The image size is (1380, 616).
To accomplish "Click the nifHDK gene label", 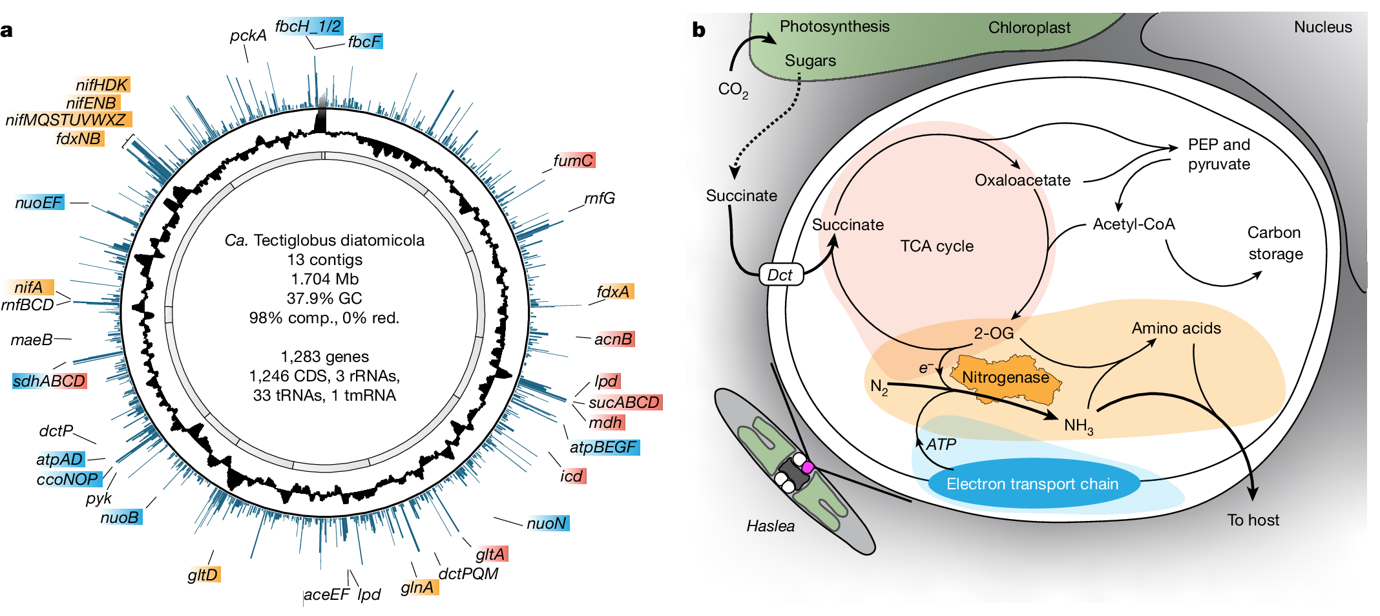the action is point(102,85).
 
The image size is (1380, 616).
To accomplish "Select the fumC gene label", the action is point(573,160).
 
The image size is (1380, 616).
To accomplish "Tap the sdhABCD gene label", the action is point(49,381).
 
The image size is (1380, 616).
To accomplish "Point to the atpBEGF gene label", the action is point(603,447).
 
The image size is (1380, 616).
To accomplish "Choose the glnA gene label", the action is point(418,587).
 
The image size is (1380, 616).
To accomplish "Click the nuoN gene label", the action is point(547,523).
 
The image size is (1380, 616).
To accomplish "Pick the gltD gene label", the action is point(204,574).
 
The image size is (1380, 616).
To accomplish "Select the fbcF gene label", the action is point(365,41).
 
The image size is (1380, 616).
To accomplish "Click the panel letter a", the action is point(6,31).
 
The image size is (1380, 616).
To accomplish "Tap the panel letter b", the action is point(698,30).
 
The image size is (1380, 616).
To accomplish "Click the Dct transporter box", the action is point(780,275).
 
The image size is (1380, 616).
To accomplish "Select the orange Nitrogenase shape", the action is point(1006,377).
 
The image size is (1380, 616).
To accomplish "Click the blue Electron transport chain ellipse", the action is point(1032,483).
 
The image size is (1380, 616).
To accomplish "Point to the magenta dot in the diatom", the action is point(807,467).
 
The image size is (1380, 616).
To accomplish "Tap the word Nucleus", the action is point(1322,27).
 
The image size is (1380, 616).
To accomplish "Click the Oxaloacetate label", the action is point(1023,180).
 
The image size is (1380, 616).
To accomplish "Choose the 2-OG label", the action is point(994,333).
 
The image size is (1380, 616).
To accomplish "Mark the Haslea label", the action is point(770,526).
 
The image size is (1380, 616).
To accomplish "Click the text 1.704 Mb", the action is point(324,279).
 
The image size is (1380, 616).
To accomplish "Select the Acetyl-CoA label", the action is point(1134,224).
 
